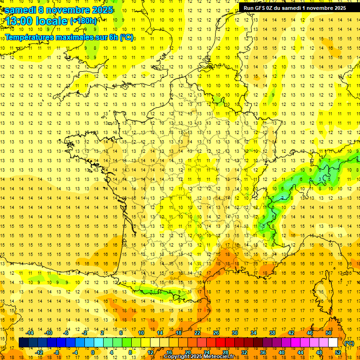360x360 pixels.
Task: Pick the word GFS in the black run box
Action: click(x=261, y=8)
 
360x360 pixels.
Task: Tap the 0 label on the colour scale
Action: click(x=93, y=352)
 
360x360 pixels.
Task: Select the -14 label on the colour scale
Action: click(x=30, y=333)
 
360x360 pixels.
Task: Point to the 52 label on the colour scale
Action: click(x=338, y=352)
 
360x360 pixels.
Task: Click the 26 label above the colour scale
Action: click(x=216, y=333)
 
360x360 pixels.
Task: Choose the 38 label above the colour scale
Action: click(x=272, y=333)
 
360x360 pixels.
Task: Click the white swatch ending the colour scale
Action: click(x=333, y=343)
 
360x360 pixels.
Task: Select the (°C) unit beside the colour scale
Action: click(x=349, y=343)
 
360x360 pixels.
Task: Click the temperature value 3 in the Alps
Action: click(x=321, y=179)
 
